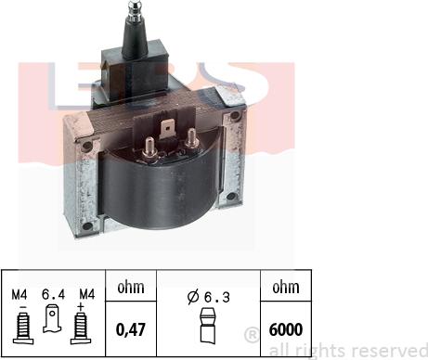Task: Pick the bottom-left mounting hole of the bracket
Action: click(x=87, y=225)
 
